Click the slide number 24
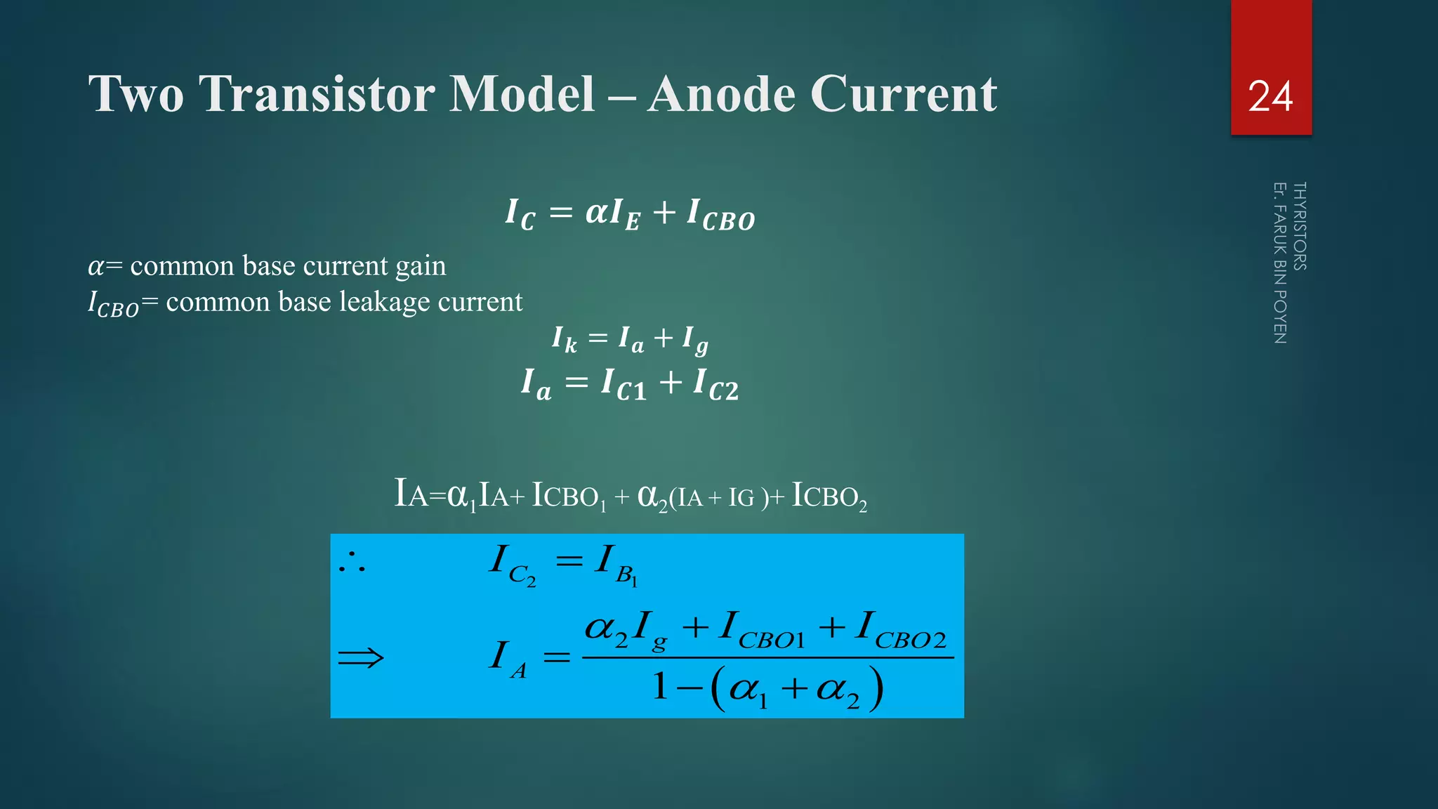click(x=1270, y=96)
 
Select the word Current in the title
click(x=904, y=93)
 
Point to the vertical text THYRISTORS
click(x=1300, y=226)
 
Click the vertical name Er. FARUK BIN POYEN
click(x=1280, y=263)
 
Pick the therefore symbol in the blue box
click(x=352, y=562)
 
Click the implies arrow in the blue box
click(x=360, y=658)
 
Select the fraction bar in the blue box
click(x=767, y=657)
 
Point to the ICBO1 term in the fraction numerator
click(x=762, y=629)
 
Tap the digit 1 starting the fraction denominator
click(x=659, y=687)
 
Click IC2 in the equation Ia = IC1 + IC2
click(x=715, y=385)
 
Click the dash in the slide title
click(x=621, y=95)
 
